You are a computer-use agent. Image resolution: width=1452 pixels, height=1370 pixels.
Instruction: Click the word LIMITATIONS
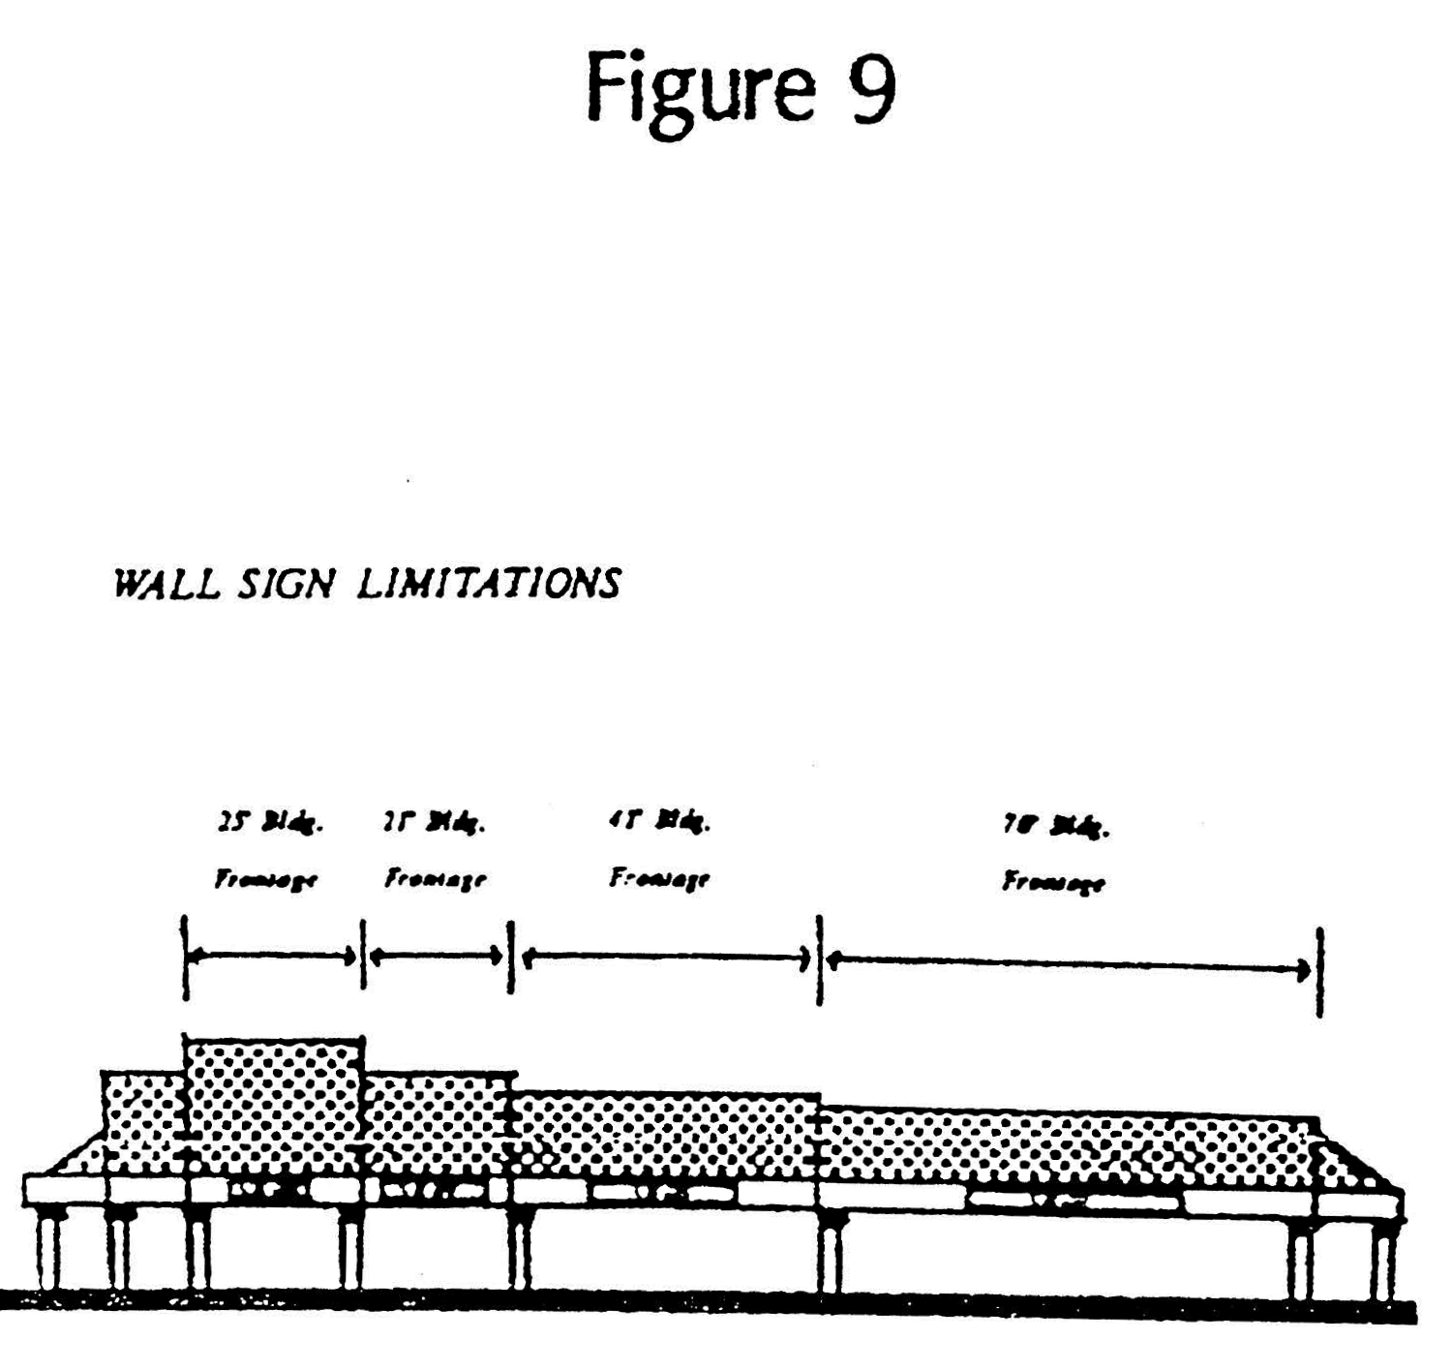point(488,584)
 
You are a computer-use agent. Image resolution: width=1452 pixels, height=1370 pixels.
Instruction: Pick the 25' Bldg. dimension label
point(269,825)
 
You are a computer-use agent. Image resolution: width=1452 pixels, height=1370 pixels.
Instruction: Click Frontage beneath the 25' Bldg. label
point(265,880)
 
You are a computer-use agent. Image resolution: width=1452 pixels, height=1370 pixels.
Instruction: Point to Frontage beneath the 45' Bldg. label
point(659,879)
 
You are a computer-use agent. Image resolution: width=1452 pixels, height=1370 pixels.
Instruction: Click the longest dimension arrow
point(1070,964)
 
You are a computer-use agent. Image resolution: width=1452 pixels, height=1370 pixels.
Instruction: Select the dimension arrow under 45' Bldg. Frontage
point(666,959)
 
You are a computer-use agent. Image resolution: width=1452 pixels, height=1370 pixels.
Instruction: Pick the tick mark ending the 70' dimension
point(1319,971)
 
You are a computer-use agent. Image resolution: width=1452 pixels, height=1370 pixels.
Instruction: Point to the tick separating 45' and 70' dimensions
point(819,959)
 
